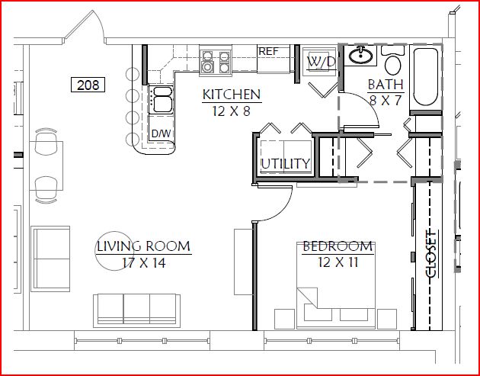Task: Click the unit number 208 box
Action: point(88,85)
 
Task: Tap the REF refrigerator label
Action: point(268,52)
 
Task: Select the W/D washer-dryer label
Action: point(321,63)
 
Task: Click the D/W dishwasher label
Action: point(161,133)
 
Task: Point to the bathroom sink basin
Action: point(361,56)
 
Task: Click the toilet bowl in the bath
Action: point(392,65)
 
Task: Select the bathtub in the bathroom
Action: point(425,76)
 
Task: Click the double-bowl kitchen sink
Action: point(161,100)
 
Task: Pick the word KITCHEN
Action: point(232,95)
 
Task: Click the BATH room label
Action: point(386,85)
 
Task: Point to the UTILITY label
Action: point(286,164)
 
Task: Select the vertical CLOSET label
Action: point(432,254)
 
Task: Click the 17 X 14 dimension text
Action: point(144,263)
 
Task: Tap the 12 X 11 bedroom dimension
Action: point(338,262)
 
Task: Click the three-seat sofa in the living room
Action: point(136,310)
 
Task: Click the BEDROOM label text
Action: point(338,246)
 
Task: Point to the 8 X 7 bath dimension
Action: point(386,100)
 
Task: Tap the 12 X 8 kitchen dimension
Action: point(232,111)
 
